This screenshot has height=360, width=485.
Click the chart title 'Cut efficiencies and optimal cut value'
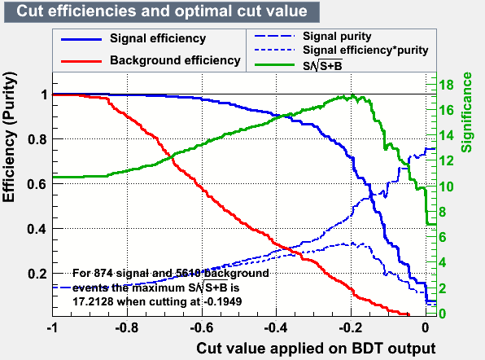click(x=162, y=11)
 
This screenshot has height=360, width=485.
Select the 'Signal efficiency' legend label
click(x=158, y=38)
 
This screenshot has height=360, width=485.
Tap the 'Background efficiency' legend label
click(x=175, y=60)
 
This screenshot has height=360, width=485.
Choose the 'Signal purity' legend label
click(x=337, y=37)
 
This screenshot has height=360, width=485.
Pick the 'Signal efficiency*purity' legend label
click(x=365, y=50)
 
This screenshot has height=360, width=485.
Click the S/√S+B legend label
click(x=322, y=65)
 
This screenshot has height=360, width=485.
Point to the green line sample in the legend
click(x=274, y=64)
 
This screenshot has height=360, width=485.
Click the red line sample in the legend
click(x=81, y=61)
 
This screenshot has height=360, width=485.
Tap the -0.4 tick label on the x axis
click(x=276, y=327)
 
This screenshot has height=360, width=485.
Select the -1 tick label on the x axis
click(x=52, y=327)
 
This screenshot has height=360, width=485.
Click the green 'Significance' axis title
click(x=466, y=112)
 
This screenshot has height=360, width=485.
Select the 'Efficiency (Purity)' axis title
click(x=9, y=137)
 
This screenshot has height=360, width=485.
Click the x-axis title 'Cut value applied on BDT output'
click(x=316, y=349)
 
